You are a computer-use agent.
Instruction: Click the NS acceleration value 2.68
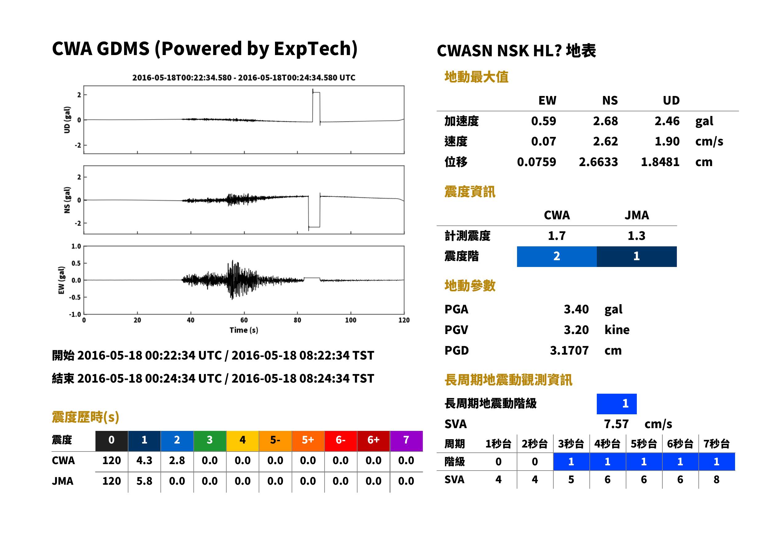click(605, 121)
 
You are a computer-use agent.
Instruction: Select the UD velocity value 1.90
click(667, 141)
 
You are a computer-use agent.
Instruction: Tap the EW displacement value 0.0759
click(536, 162)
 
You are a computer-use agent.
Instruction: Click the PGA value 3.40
click(576, 309)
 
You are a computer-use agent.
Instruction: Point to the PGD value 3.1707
click(569, 350)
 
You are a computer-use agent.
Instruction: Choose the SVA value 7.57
click(616, 424)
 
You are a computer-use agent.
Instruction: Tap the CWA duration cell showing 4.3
click(144, 460)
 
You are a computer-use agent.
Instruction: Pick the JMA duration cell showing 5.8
click(144, 481)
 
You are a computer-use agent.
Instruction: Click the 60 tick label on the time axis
click(244, 320)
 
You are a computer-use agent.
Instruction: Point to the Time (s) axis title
click(244, 330)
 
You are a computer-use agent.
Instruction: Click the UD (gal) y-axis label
click(67, 120)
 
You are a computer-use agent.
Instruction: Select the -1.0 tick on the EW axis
click(75, 314)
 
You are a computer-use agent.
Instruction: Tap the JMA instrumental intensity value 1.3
click(636, 236)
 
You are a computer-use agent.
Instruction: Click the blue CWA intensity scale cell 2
click(557, 257)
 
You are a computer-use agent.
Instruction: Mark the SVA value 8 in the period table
click(716, 480)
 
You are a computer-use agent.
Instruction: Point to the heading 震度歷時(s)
click(86, 417)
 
